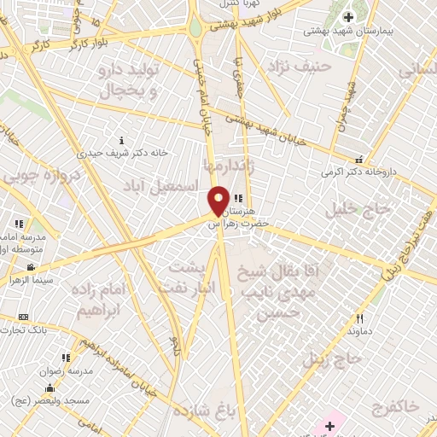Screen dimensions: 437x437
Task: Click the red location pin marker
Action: coord(218,201)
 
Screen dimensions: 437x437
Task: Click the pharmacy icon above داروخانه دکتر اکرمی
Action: coord(359,159)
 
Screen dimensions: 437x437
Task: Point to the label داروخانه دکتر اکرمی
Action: coord(372,172)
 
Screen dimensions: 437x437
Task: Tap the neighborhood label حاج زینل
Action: coord(342,359)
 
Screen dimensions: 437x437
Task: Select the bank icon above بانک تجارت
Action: coord(23,317)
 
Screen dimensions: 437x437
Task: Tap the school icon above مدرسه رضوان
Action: coord(66,358)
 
